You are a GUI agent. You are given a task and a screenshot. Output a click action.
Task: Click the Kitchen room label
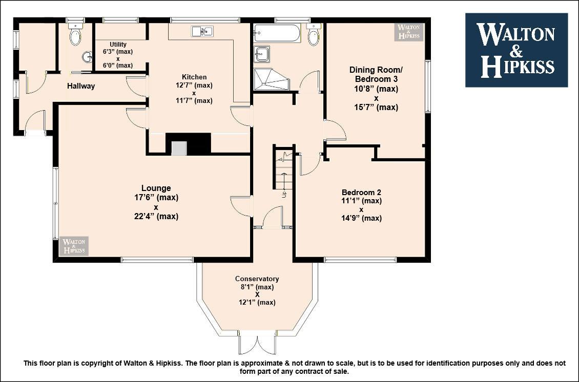click(194, 77)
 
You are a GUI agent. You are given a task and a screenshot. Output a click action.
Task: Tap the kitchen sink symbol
click(202, 31)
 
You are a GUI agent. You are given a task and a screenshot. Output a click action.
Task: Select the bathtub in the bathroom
click(277, 33)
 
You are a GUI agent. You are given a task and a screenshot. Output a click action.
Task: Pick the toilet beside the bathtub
click(314, 34)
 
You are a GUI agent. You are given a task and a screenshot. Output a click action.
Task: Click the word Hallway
click(81, 86)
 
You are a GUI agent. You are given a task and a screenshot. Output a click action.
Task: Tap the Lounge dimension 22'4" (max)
click(156, 216)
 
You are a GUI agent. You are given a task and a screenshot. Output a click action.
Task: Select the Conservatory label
click(257, 279)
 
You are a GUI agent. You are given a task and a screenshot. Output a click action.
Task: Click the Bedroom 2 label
click(361, 193)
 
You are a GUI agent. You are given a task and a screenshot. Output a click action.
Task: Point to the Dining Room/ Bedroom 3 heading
click(376, 74)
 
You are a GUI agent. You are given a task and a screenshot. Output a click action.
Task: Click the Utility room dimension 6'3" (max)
click(118, 52)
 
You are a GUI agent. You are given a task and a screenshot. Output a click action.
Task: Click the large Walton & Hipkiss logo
click(516, 50)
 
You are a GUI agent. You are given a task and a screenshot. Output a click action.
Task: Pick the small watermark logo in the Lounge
click(74, 246)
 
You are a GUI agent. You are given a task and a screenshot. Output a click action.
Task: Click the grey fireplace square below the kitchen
click(179, 148)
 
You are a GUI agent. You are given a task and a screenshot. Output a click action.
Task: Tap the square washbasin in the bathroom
click(261, 54)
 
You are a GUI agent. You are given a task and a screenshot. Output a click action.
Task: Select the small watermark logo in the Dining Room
click(409, 32)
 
